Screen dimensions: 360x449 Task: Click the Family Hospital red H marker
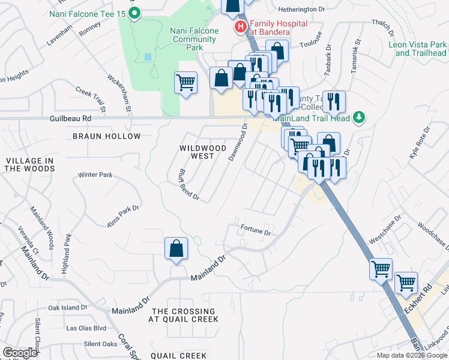coord(241,26)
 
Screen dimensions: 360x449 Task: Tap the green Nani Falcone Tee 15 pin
coord(134,12)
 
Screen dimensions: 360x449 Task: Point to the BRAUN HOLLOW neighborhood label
coord(106,136)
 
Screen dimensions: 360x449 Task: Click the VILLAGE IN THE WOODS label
coord(29,164)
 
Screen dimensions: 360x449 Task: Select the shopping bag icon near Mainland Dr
coord(176,250)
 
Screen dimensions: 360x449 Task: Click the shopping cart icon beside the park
coord(185,83)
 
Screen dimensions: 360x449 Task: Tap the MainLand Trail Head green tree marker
coord(359,116)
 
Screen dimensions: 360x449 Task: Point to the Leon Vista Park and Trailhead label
coord(417,49)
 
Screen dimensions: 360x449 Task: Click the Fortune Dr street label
coord(256,230)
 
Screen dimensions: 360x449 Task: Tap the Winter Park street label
coord(95,175)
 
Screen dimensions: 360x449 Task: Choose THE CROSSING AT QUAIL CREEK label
coord(183,315)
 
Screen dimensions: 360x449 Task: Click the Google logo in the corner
coord(20,353)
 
